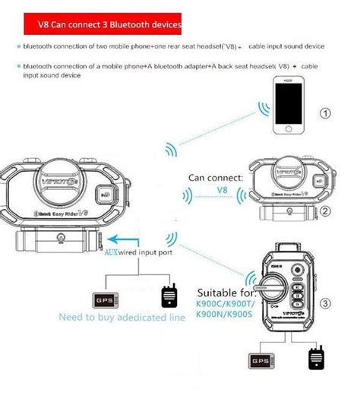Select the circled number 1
tap(326, 113)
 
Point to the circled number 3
tap(326, 304)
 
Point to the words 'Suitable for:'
tap(225, 292)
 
